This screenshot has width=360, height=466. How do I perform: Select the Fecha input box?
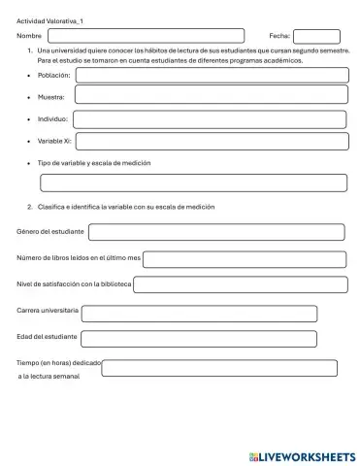coord(316,37)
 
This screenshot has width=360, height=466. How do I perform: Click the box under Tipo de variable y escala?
coord(193,183)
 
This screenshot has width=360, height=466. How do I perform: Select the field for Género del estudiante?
coord(216,233)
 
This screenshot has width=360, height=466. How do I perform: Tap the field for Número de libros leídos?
coord(243,259)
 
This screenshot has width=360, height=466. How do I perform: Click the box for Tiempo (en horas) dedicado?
coord(220,368)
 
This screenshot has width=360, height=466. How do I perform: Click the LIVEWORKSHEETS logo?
coord(302,454)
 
